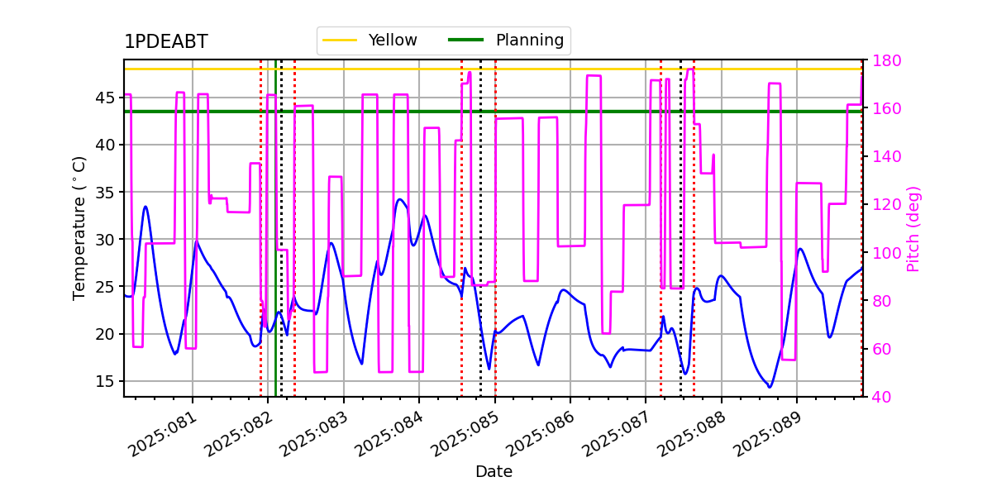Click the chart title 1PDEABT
[x=166, y=41]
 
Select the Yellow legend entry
[x=370, y=40]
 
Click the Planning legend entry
[x=506, y=40]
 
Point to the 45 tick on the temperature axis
[x=104, y=98]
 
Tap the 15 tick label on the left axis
[x=104, y=381]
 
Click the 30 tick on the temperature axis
[x=104, y=240]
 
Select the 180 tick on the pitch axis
[x=886, y=60]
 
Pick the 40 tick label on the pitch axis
[x=882, y=397]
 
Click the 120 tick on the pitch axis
[x=886, y=205]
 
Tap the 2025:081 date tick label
[x=162, y=434]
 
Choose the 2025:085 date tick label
[x=465, y=434]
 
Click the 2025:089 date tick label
[x=767, y=434]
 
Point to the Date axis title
[x=494, y=472]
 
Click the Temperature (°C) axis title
[x=79, y=228]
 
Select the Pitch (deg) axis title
[x=913, y=229]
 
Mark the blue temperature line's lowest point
[x=770, y=387]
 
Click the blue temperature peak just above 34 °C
[x=399, y=199]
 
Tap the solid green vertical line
[x=275, y=228]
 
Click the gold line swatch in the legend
[x=340, y=40]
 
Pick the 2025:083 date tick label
[x=313, y=434]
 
